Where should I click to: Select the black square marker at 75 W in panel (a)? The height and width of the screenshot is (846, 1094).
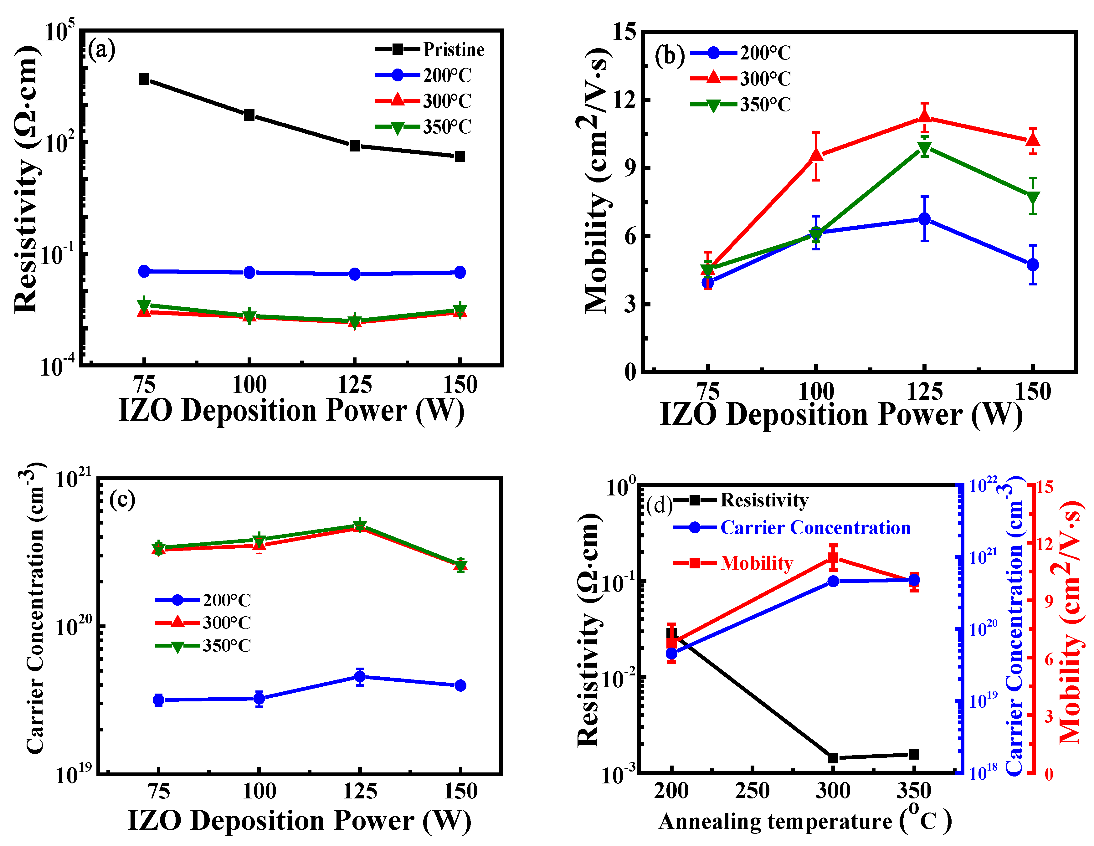(144, 79)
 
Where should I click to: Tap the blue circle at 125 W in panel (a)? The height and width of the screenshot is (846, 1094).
(355, 274)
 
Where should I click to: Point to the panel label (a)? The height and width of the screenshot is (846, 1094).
(102, 50)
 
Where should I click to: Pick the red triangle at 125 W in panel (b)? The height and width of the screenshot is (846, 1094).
(925, 116)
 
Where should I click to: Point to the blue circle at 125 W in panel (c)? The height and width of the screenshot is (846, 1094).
(360, 677)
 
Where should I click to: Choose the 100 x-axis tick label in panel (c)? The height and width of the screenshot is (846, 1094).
(259, 792)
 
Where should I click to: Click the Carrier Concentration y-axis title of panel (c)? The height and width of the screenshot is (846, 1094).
(35, 608)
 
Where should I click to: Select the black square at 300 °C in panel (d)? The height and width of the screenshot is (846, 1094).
(833, 758)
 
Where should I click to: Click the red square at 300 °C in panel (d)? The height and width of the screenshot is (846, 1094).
(833, 557)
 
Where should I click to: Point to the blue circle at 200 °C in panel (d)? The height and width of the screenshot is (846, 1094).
(672, 654)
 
